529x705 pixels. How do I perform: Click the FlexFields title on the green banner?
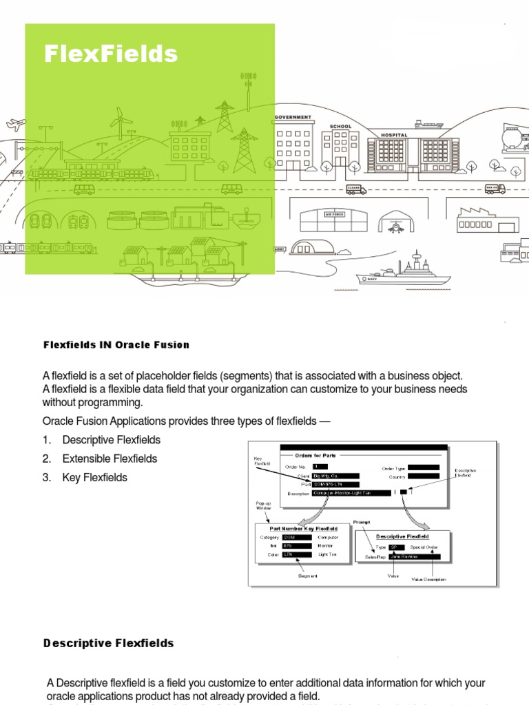pyautogui.click(x=111, y=54)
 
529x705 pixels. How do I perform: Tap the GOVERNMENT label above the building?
pyautogui.click(x=293, y=118)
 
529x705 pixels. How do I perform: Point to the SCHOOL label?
pyautogui.click(x=340, y=127)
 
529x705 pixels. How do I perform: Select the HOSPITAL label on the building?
pyautogui.click(x=394, y=135)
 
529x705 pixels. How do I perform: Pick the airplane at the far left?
pyautogui.click(x=14, y=125)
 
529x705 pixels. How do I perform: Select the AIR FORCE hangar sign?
pyautogui.click(x=333, y=214)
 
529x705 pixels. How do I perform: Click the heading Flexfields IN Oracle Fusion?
pyautogui.click(x=116, y=345)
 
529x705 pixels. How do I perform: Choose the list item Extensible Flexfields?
pyautogui.click(x=110, y=459)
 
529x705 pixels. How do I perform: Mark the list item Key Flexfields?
pyautogui.click(x=94, y=477)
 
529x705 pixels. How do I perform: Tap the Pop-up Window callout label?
pyautogui.click(x=263, y=506)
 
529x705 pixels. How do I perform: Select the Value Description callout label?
pyautogui.click(x=428, y=579)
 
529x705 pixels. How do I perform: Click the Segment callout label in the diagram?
pyautogui.click(x=308, y=576)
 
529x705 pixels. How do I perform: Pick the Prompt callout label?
pyautogui.click(x=362, y=523)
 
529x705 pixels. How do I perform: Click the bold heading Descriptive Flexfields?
pyautogui.click(x=108, y=644)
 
